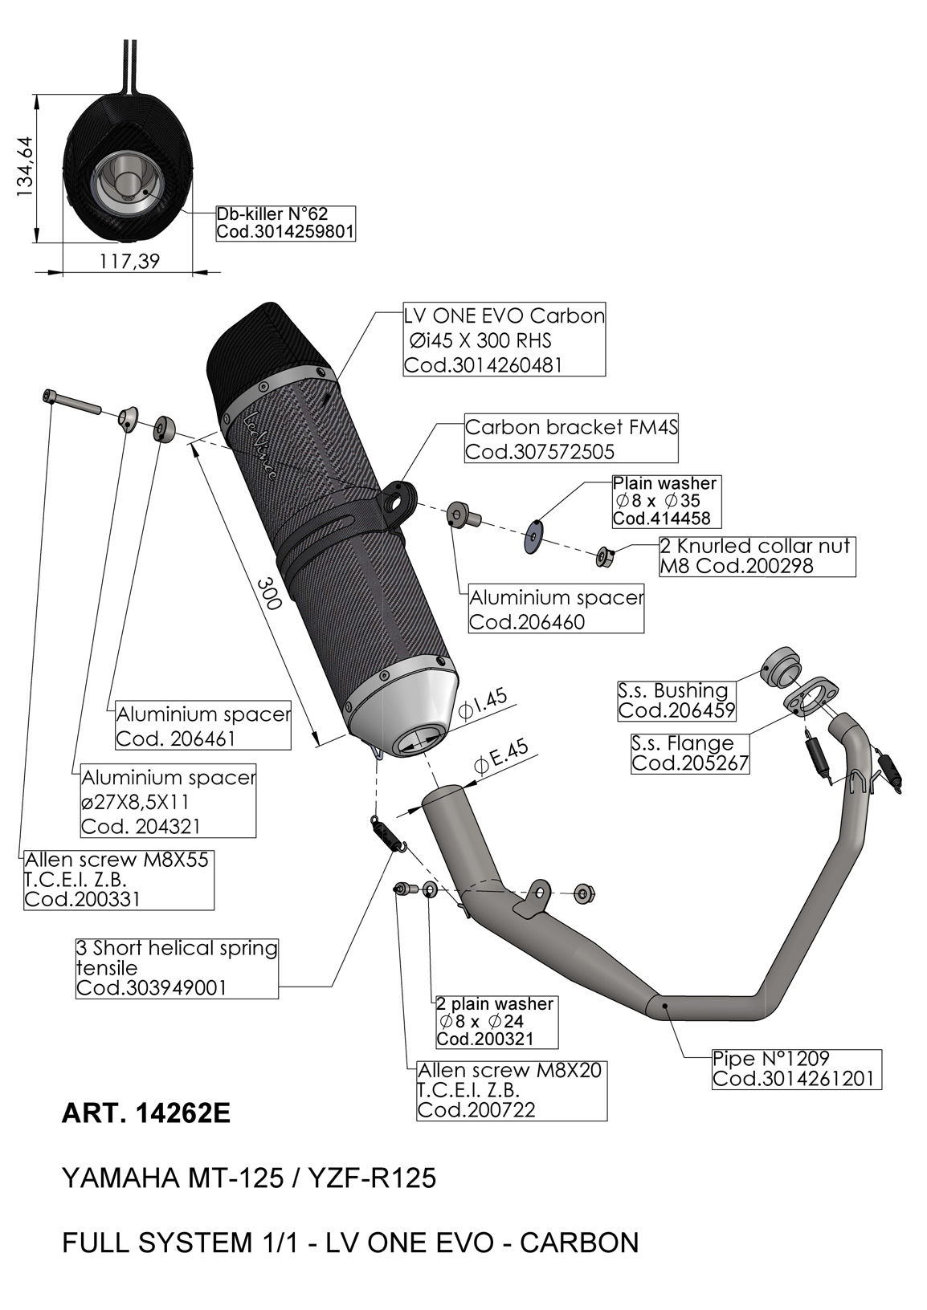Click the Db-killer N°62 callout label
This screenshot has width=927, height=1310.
pos(286,223)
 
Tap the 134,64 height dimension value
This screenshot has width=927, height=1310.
pos(25,167)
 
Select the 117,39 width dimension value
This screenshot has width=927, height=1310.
pos(129,261)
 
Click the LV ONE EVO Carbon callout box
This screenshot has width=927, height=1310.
pos(504,340)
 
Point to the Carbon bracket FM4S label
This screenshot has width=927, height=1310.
pos(571,438)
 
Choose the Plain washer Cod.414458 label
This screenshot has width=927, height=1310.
pos(666,501)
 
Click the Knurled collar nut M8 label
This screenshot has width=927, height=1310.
pos(758,556)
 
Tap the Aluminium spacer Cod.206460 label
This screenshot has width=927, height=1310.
pos(556,608)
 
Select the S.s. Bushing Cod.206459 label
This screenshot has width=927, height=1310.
pos(676,701)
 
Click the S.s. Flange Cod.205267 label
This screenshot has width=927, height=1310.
pos(690,753)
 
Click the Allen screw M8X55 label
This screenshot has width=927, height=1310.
pos(119,880)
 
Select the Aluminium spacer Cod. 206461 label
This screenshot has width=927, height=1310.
pos(202,725)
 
